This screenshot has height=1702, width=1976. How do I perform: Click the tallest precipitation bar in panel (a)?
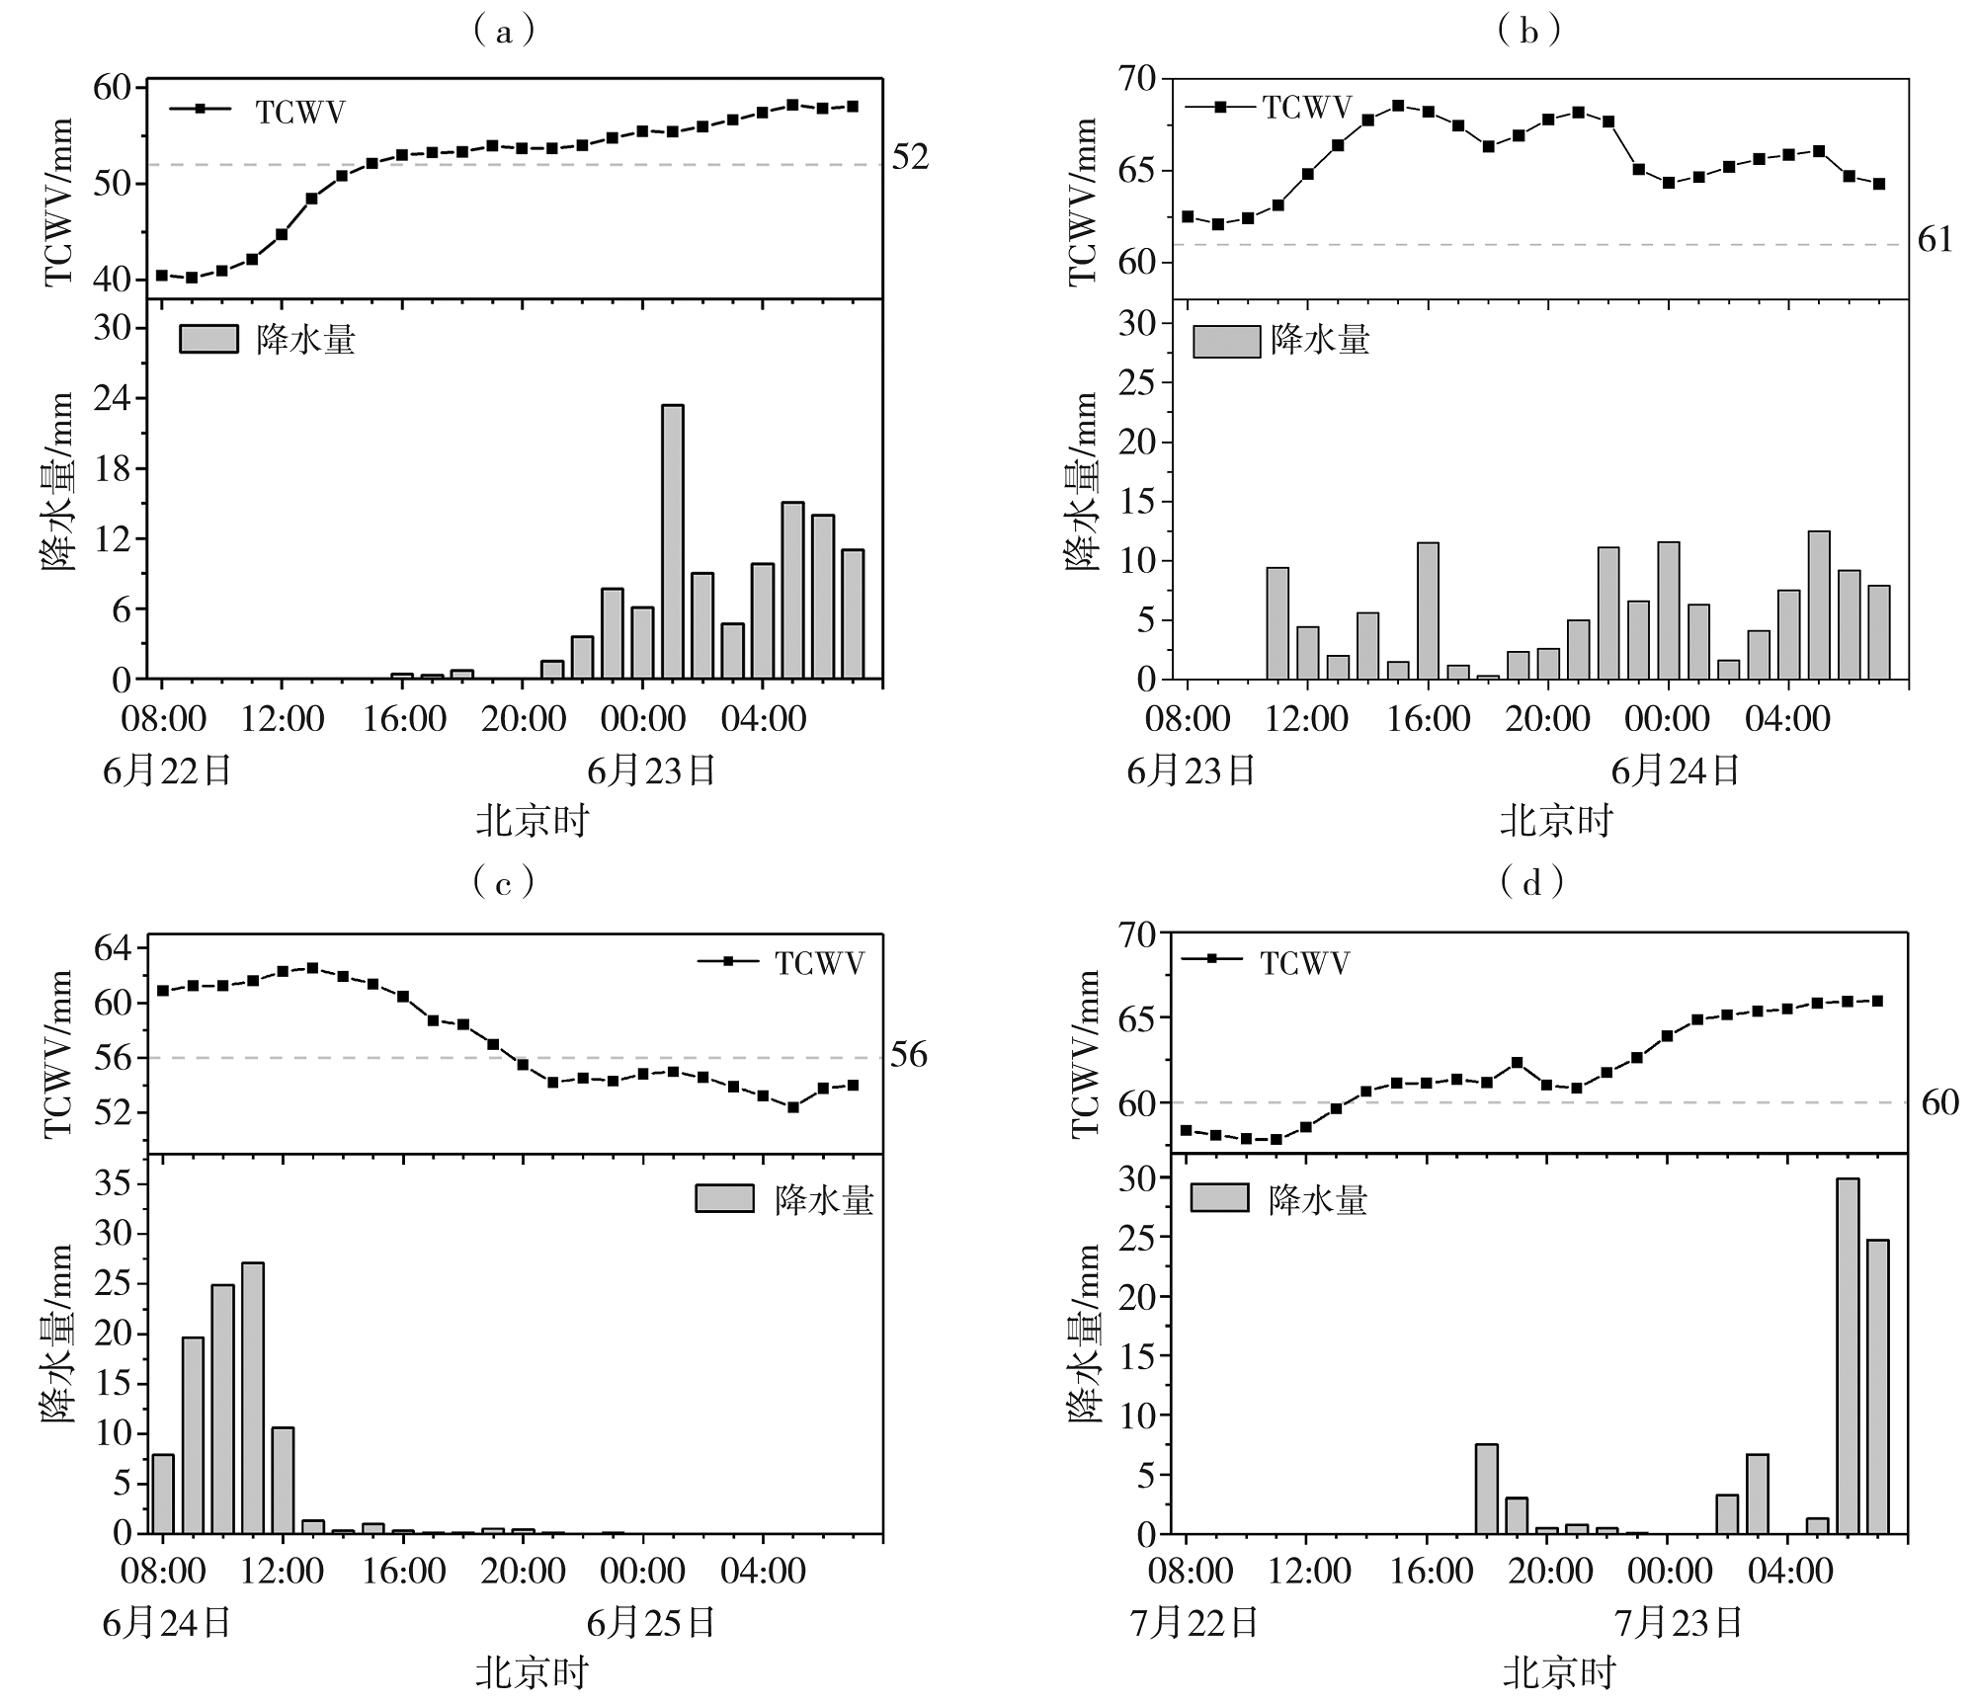672,541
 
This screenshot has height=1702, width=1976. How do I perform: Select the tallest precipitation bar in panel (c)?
252,1397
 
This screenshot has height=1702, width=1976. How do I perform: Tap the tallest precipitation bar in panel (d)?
1847,1355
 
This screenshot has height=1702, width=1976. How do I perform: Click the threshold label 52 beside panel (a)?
910,158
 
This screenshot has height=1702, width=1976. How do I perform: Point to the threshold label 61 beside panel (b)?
1935,240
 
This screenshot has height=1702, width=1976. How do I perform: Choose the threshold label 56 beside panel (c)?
909,1055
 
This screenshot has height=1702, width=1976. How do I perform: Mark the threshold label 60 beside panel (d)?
1939,1102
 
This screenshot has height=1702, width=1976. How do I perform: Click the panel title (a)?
505,32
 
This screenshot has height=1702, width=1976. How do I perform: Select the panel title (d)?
1531,881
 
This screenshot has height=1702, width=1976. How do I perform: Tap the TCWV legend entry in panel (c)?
781,962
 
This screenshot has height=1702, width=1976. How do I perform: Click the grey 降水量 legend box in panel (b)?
1226,341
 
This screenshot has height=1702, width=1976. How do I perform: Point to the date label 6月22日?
167,770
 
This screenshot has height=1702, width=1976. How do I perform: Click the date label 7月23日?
1679,1622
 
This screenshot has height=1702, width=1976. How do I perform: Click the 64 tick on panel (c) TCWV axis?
113,948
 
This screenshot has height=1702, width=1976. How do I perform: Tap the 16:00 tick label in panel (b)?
1428,719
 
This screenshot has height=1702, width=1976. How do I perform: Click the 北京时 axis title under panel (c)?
532,1672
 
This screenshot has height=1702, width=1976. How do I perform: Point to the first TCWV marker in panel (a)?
162,275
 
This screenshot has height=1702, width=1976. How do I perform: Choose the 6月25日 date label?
651,1622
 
